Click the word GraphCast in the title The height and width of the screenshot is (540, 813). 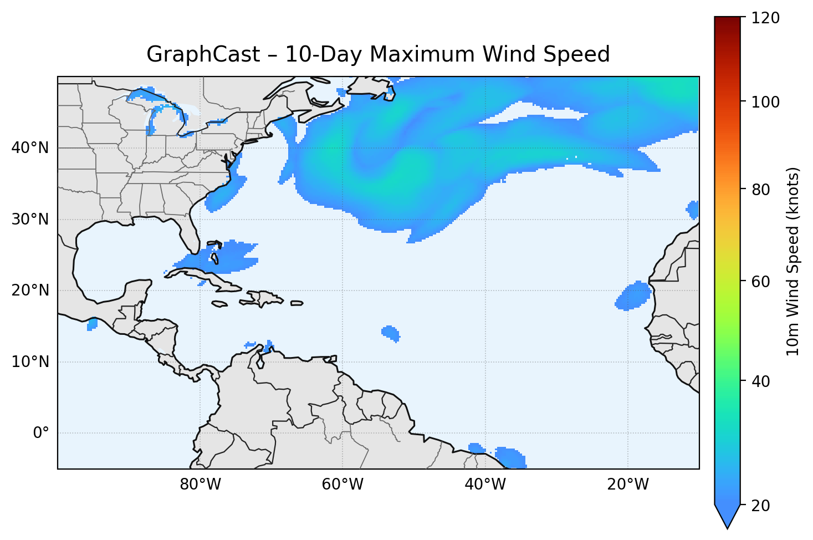coord(203,54)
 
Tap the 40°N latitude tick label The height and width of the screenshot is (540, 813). coord(30,148)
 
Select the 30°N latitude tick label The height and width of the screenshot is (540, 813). coord(30,220)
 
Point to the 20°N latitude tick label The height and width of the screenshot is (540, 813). coord(30,291)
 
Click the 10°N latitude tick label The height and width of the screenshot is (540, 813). coord(30,362)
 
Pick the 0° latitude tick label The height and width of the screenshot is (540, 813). coord(40,433)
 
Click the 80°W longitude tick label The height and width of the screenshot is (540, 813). coord(200,485)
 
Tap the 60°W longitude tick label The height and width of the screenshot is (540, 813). coord(342,485)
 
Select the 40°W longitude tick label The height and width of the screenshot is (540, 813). coord(485,485)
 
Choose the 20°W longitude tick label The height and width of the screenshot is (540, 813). coord(627,485)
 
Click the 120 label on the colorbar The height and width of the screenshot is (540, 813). coord(765,18)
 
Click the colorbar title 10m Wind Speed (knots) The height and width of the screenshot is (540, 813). coord(793,261)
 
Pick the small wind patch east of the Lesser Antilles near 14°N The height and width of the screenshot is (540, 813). coord(391,333)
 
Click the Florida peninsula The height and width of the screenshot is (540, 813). coord(188,233)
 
